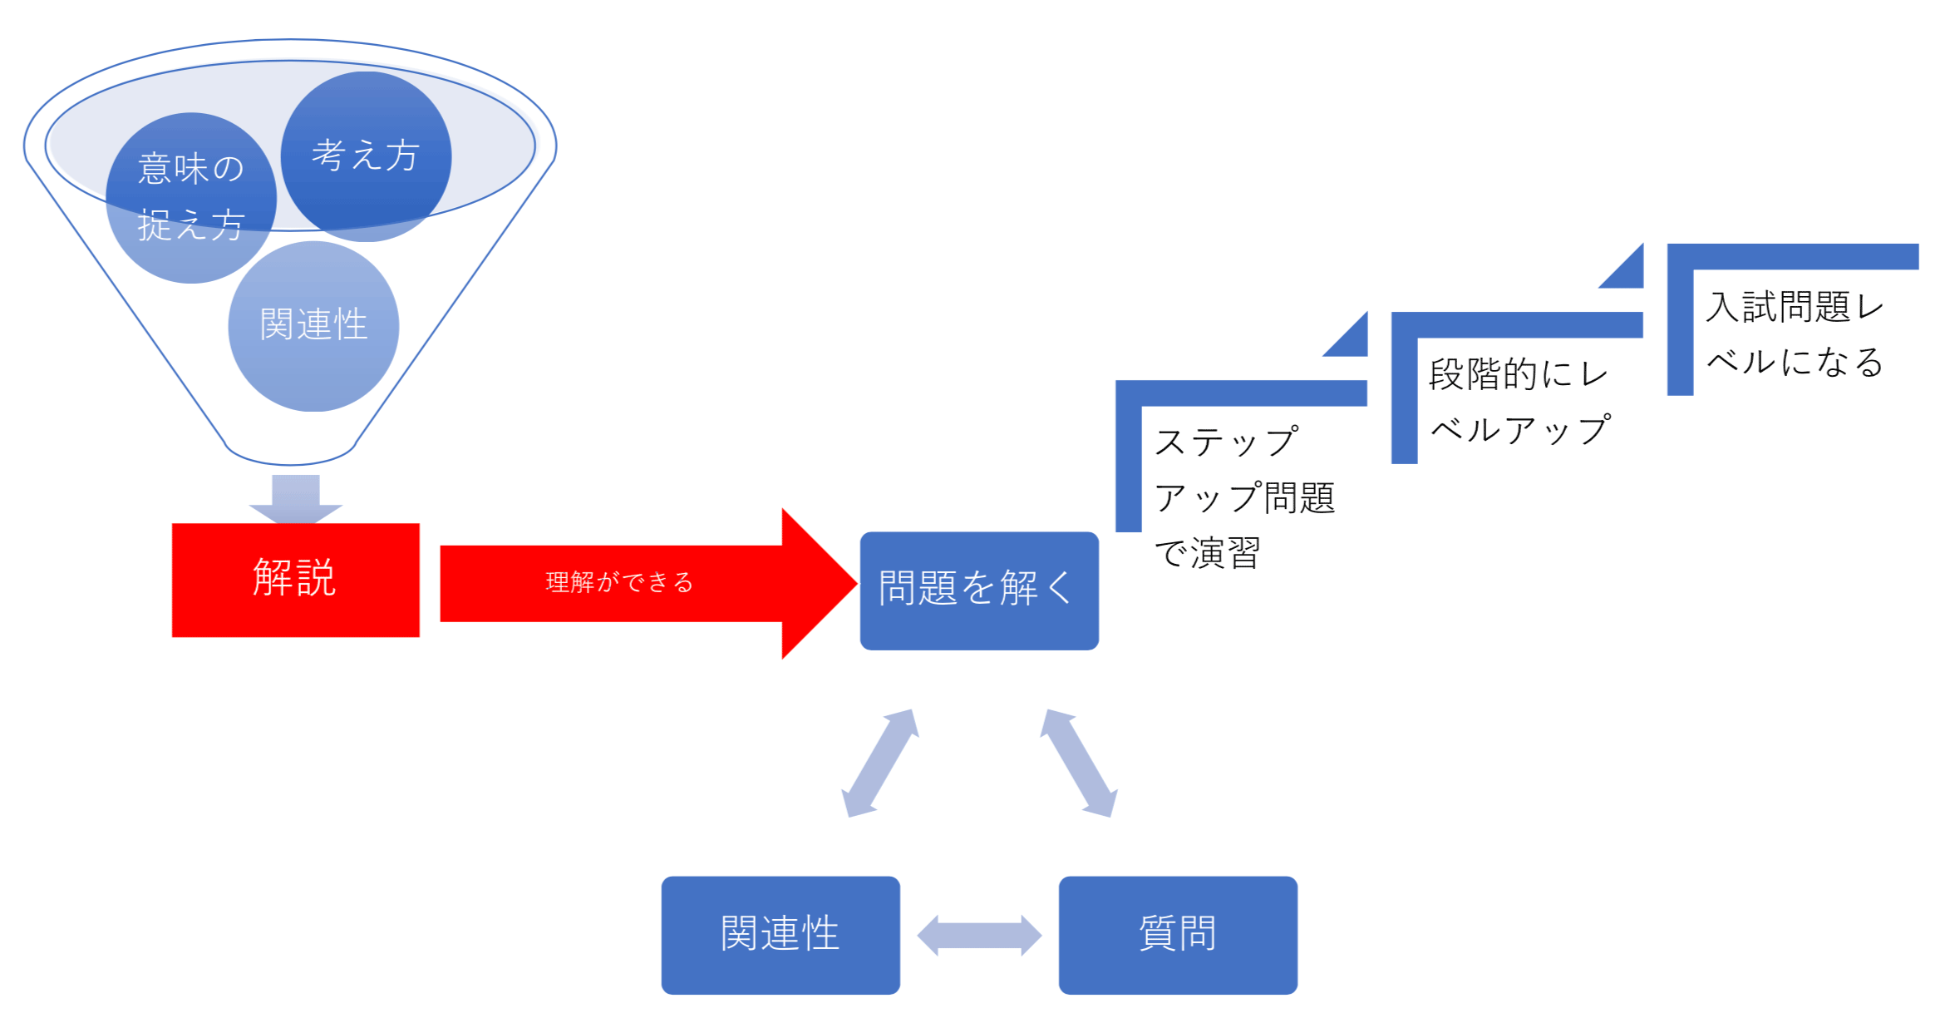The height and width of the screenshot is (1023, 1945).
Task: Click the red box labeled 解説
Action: click(x=295, y=580)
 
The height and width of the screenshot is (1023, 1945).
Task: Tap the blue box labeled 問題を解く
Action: click(x=978, y=591)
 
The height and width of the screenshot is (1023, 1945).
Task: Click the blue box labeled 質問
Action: click(x=1177, y=935)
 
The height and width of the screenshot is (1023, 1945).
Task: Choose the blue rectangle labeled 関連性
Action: click(x=780, y=935)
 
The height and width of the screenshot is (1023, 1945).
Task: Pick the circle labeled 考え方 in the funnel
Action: click(x=366, y=156)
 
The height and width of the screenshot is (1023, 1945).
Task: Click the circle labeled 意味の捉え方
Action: click(x=190, y=198)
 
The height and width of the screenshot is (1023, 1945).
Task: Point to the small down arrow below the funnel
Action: click(x=295, y=499)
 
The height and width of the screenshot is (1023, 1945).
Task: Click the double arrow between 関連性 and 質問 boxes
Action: click(x=978, y=935)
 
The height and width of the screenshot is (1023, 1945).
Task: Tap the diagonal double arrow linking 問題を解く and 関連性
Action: click(x=879, y=763)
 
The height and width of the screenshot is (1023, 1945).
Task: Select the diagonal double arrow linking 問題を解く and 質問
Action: click(x=1078, y=763)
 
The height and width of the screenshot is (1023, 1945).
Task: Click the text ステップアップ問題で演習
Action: click(x=1243, y=497)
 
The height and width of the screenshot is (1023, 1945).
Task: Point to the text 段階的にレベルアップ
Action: click(x=1519, y=402)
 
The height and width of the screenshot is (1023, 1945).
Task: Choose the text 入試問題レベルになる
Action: click(x=1794, y=334)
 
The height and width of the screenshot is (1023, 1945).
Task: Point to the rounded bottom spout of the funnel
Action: click(x=290, y=453)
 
